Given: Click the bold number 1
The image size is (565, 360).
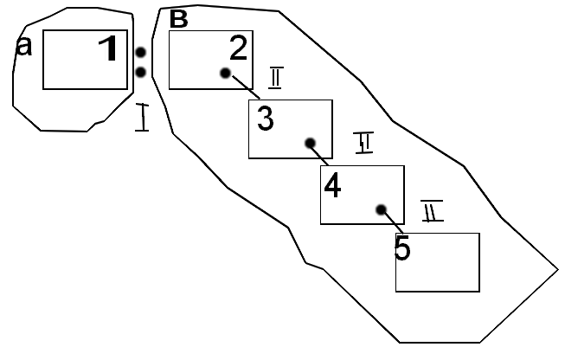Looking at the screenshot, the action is pos(108,48).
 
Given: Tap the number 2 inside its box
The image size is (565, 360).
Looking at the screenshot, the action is pos(238,48).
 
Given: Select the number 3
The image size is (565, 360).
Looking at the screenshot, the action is pos(266,119).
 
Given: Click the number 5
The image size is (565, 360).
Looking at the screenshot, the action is pos(402,248).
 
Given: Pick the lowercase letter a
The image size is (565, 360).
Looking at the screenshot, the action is pos(24,47).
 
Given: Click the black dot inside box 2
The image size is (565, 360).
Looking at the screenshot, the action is pos(226,74).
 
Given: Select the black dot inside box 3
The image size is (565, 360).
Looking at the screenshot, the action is pos(308,144).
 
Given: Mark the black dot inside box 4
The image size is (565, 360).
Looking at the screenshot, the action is pos(381,209).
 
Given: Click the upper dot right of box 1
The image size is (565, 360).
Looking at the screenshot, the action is pos(140,53).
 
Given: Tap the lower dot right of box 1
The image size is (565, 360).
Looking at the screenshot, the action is pos(140,72).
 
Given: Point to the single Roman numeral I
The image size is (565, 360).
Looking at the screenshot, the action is pos(143,117).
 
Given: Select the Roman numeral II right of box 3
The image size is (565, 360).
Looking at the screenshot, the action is pos(364,144).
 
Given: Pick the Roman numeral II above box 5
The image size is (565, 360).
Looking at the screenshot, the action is pos(432,210).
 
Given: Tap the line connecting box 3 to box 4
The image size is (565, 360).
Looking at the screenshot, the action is pos(320,155).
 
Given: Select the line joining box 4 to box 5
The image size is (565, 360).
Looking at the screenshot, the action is pos(392,222).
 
